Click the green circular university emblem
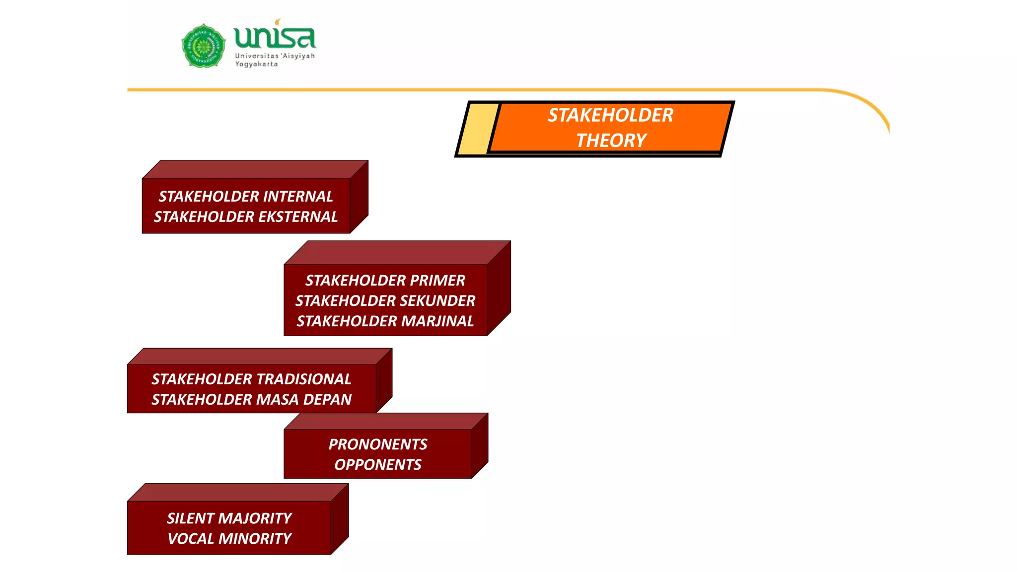click(x=203, y=46)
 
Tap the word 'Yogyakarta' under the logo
click(x=256, y=64)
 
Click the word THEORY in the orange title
click(x=611, y=141)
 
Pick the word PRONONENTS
click(x=377, y=444)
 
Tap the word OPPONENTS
click(x=377, y=465)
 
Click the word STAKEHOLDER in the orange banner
click(x=610, y=115)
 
